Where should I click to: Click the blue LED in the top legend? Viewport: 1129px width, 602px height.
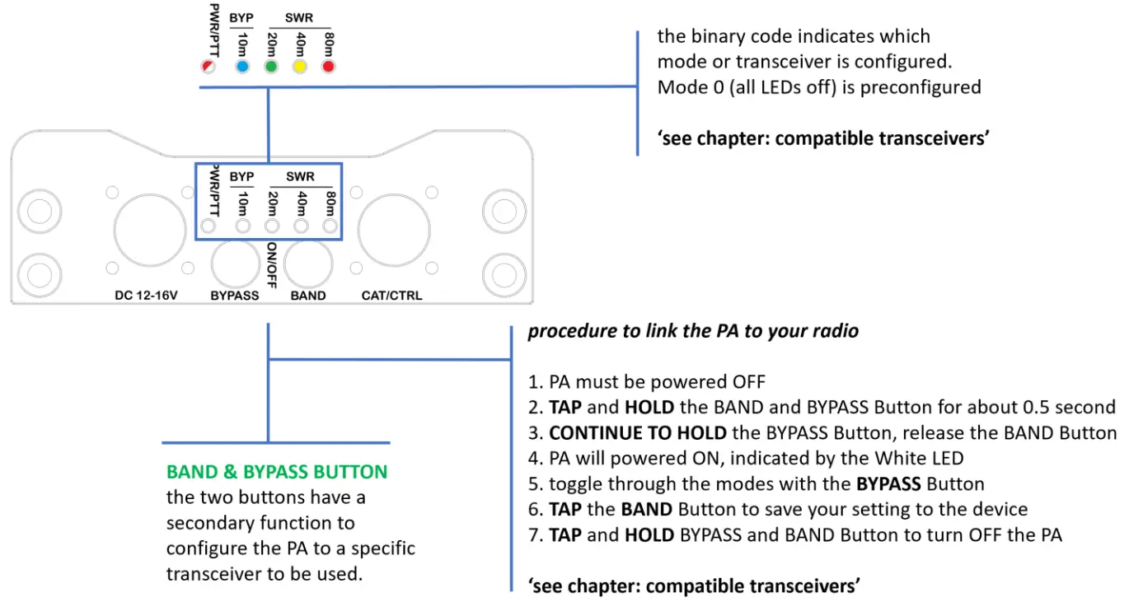coord(241,67)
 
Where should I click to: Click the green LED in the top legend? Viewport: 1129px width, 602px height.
coord(270,67)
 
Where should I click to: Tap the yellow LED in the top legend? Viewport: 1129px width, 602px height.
coord(299,67)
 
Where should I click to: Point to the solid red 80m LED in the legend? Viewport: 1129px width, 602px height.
coord(328,67)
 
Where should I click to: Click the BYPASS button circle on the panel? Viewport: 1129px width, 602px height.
coord(235,264)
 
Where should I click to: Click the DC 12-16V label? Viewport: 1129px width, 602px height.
coord(148,295)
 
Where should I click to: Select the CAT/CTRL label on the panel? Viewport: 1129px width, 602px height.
coord(391,295)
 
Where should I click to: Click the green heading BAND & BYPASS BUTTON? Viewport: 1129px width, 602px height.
coord(277,472)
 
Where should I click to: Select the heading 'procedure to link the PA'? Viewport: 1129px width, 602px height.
coord(693,331)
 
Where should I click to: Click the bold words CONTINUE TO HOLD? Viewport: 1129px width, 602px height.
coord(637,433)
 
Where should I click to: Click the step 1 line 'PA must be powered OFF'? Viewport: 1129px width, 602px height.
coord(657,381)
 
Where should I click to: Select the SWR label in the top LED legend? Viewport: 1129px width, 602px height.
coord(299,16)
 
